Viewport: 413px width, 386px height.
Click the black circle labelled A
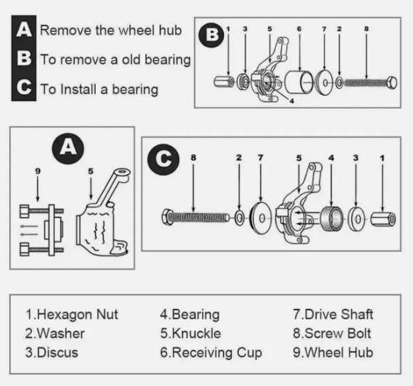(68, 149)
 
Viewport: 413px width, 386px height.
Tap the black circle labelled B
(211, 35)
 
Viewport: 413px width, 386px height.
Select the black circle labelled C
(163, 160)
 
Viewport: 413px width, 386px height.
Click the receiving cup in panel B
(299, 82)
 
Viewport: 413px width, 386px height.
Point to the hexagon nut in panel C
(383, 220)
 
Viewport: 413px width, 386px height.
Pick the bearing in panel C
(331, 218)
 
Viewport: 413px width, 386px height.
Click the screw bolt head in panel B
(392, 83)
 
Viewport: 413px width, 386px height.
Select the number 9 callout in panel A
(38, 171)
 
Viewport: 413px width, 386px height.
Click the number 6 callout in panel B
(299, 29)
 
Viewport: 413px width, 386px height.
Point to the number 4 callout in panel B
(291, 101)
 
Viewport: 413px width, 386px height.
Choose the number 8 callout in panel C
(193, 158)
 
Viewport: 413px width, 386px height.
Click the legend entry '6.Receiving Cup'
(211, 353)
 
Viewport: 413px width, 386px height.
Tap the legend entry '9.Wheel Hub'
(333, 353)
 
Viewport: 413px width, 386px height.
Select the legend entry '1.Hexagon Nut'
(71, 314)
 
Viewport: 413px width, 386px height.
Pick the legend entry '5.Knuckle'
(191, 333)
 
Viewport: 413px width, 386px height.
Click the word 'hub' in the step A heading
(170, 30)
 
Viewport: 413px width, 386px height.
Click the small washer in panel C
(239, 218)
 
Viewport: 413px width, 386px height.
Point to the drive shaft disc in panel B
(324, 83)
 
